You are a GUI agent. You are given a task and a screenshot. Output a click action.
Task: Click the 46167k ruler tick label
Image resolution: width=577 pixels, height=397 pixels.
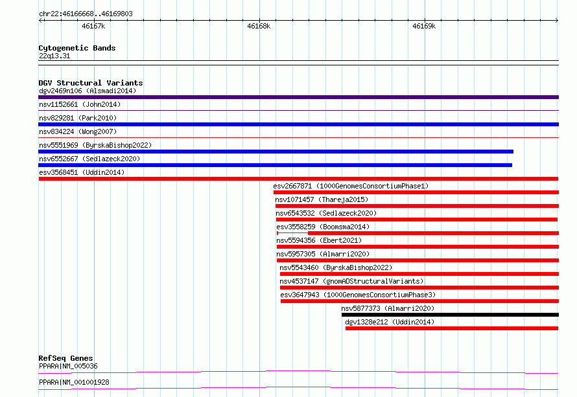(x=93, y=26)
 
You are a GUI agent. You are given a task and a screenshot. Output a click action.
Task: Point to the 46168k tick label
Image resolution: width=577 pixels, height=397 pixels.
(x=259, y=26)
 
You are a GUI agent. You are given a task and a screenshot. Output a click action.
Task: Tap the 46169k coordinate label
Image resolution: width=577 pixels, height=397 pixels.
(x=424, y=26)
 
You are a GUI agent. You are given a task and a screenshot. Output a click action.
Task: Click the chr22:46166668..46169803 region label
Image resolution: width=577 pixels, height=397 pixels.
(x=86, y=14)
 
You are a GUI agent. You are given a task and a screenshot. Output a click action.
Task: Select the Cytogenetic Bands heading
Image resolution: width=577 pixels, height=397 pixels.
(x=77, y=48)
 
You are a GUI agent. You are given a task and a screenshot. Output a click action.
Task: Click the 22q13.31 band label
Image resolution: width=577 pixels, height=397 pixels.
(x=54, y=56)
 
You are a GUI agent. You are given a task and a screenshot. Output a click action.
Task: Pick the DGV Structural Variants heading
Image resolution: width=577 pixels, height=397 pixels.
(x=91, y=83)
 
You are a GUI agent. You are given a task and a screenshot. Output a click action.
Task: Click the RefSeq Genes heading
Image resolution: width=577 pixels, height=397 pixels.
(x=66, y=358)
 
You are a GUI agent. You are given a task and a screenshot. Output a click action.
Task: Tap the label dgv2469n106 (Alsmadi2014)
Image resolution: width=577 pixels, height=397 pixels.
(x=88, y=91)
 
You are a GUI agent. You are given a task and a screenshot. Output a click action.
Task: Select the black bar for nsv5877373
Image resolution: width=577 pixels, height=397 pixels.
(x=450, y=315)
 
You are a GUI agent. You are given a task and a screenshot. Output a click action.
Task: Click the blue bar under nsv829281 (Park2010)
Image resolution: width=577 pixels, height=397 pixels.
(x=298, y=124)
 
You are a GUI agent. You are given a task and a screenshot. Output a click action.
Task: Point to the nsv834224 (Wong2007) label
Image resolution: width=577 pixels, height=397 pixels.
(x=78, y=131)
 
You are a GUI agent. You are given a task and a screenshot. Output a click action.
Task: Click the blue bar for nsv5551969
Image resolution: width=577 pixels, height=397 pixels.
(x=276, y=152)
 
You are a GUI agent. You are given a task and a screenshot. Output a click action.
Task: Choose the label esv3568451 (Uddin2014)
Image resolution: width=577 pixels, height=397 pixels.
(x=82, y=172)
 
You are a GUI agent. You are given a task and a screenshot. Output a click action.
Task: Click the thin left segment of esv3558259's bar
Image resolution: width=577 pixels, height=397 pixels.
(x=292, y=233)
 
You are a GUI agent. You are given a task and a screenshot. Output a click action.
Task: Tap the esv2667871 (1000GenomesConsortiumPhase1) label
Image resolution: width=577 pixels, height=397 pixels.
(x=351, y=186)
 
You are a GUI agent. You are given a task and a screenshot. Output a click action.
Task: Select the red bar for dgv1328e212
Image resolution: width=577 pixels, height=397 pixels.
(x=452, y=328)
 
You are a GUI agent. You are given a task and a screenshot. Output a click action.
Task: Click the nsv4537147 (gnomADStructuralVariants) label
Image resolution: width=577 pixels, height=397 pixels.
(x=351, y=281)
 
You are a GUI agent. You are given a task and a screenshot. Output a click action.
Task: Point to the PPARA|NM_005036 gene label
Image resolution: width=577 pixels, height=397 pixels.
(x=69, y=366)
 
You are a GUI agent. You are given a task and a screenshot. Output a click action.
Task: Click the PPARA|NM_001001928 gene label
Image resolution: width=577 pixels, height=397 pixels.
(x=75, y=382)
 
